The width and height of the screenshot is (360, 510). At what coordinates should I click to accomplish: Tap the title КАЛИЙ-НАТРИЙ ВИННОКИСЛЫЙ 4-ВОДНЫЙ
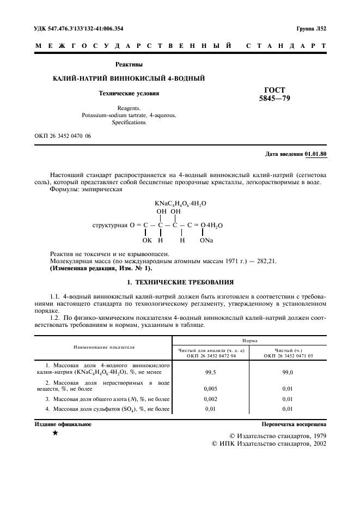point(129,78)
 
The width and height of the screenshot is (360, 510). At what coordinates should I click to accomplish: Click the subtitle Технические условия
point(129,93)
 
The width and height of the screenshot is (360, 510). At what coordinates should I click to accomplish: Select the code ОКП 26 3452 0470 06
point(63,135)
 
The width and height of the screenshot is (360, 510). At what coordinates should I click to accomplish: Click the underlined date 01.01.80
point(316,154)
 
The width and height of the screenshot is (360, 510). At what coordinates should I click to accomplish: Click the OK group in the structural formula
point(147,240)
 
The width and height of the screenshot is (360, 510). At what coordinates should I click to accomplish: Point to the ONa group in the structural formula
point(206,240)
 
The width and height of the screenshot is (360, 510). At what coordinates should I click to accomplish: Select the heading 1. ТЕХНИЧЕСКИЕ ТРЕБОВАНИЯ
point(180,282)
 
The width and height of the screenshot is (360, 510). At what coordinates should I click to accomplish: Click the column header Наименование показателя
point(105,347)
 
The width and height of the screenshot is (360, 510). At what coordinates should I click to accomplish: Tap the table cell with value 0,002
point(211,399)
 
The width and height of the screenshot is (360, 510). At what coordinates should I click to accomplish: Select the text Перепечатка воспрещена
point(294,423)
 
